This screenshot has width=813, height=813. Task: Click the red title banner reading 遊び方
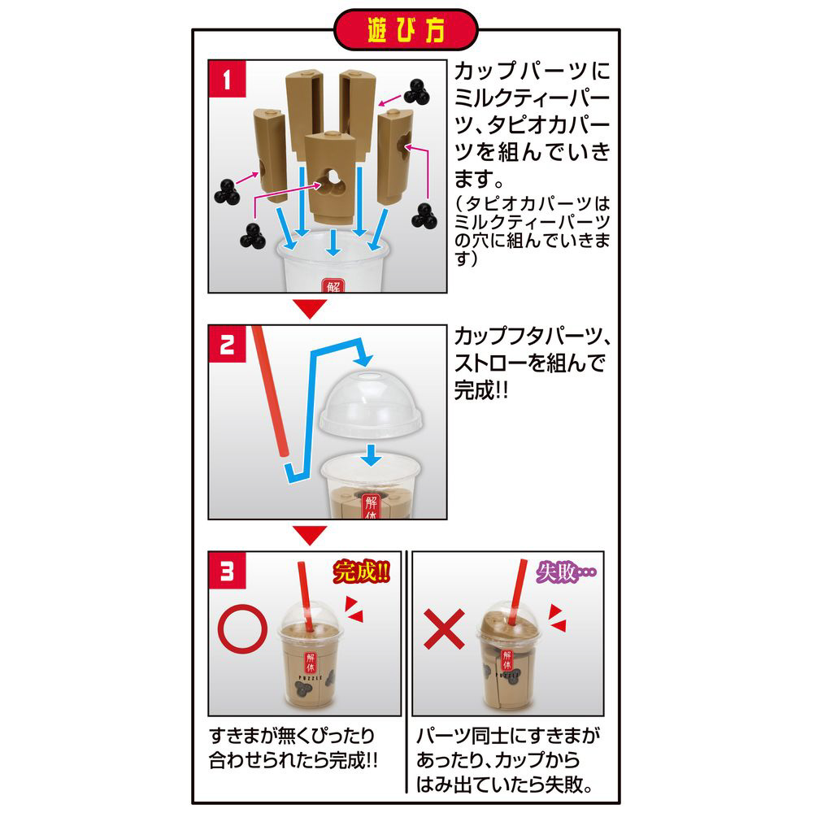(406, 30)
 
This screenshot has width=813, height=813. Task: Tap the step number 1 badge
(227, 79)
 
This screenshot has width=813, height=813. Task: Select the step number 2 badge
(227, 344)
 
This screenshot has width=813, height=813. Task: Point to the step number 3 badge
(227, 571)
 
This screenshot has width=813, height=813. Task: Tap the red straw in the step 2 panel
(270, 391)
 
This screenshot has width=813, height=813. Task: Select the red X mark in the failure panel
(445, 629)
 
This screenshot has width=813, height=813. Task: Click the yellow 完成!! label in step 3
(361, 572)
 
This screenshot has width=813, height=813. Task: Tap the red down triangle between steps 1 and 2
(310, 308)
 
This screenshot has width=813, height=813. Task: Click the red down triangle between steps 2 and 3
(310, 535)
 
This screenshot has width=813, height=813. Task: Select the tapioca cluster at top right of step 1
(416, 93)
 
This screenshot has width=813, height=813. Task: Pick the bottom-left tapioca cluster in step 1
(253, 236)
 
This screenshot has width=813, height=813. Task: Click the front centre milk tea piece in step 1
(332, 177)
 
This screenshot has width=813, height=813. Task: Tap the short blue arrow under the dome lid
(372, 454)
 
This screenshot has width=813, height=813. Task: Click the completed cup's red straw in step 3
(306, 596)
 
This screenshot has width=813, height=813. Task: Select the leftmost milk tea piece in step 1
(270, 155)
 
